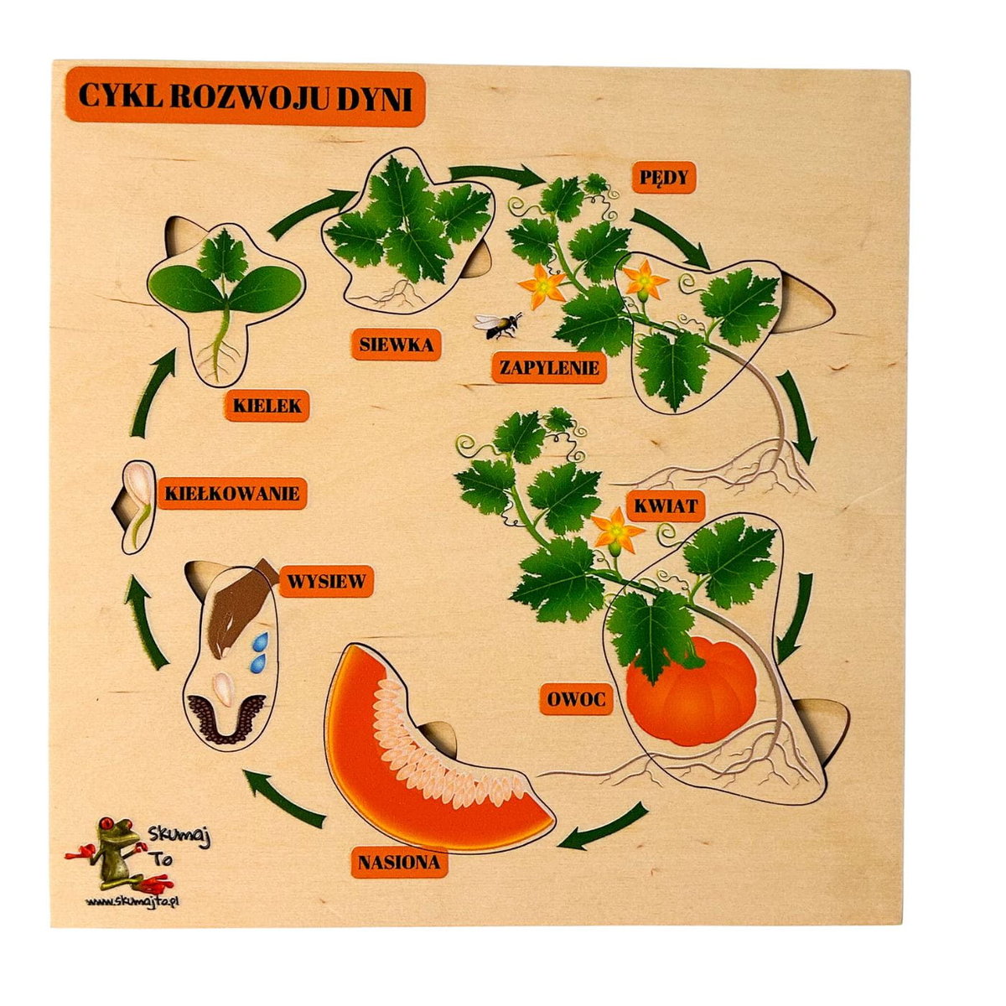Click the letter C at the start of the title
point(89,96)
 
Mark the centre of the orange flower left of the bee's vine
point(543,286)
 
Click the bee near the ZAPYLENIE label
point(497,325)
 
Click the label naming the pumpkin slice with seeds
point(399,862)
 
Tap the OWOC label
point(575,698)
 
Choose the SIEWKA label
point(397,345)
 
